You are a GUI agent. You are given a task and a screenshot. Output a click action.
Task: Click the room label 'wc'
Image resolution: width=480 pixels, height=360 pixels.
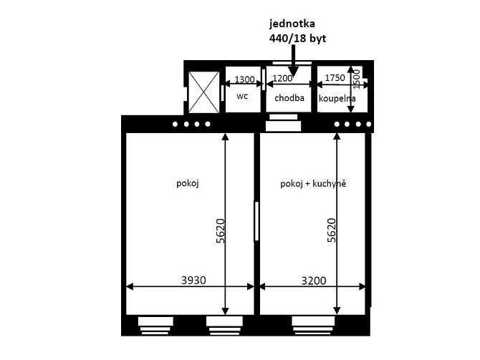(x=242, y=96)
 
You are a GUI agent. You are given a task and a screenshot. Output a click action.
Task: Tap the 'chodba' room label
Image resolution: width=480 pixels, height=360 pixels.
(x=289, y=98)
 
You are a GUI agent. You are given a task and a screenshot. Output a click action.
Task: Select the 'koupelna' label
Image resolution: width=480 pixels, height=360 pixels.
(x=337, y=99)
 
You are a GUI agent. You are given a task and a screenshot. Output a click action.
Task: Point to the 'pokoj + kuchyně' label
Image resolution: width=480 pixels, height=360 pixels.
(x=313, y=184)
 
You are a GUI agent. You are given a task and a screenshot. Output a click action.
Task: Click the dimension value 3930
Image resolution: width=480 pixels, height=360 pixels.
(x=193, y=280)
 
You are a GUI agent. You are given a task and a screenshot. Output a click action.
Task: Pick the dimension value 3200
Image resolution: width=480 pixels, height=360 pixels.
(x=314, y=281)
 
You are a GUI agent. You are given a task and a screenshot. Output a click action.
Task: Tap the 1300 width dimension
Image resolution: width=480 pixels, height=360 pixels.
(x=244, y=79)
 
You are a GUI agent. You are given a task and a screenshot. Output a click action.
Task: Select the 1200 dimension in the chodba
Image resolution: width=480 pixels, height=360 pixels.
(x=282, y=79)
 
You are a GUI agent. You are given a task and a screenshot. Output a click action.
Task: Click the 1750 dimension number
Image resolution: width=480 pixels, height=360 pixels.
(x=335, y=78)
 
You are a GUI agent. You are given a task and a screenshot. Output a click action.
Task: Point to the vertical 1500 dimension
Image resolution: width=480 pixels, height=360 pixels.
(x=357, y=79)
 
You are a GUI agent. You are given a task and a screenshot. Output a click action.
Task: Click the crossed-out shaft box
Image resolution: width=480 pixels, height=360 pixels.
(x=204, y=92)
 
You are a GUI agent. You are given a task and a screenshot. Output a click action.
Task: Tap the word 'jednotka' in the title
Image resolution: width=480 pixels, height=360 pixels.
(x=288, y=24)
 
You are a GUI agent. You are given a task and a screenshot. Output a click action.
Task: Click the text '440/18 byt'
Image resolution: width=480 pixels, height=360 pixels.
(x=297, y=39)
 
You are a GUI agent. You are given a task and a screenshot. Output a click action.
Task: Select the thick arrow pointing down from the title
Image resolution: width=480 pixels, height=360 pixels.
(x=293, y=61)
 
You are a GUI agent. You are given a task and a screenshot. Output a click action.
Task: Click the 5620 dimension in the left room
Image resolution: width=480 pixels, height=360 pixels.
(x=221, y=231)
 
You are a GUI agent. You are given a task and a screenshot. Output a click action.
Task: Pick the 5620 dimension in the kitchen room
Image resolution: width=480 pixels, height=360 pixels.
(x=332, y=230)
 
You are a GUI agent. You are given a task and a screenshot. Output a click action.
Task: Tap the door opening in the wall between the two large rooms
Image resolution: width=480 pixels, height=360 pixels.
(x=256, y=221)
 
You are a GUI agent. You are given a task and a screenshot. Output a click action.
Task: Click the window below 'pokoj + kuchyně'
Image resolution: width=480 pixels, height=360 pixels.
(x=313, y=326)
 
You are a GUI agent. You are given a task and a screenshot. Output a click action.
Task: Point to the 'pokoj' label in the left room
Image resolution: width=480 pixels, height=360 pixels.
(x=188, y=183)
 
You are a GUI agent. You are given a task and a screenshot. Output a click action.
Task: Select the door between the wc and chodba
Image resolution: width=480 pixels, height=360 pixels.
(x=263, y=79)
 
